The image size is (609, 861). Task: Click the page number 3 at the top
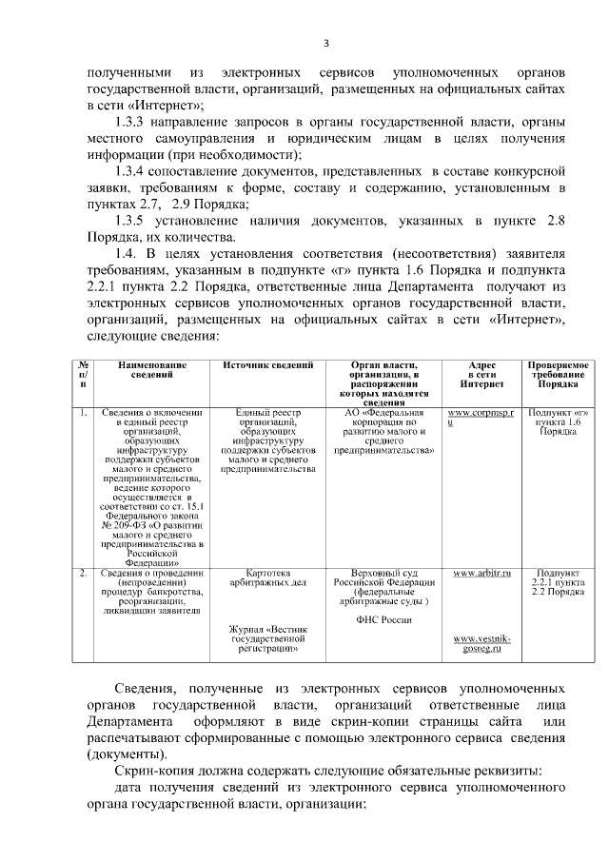[325, 43]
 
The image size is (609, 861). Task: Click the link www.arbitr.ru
[481, 574]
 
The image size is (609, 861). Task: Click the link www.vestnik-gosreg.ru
[481, 644]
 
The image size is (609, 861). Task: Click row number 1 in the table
[84, 413]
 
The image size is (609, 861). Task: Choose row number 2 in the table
[84, 573]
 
